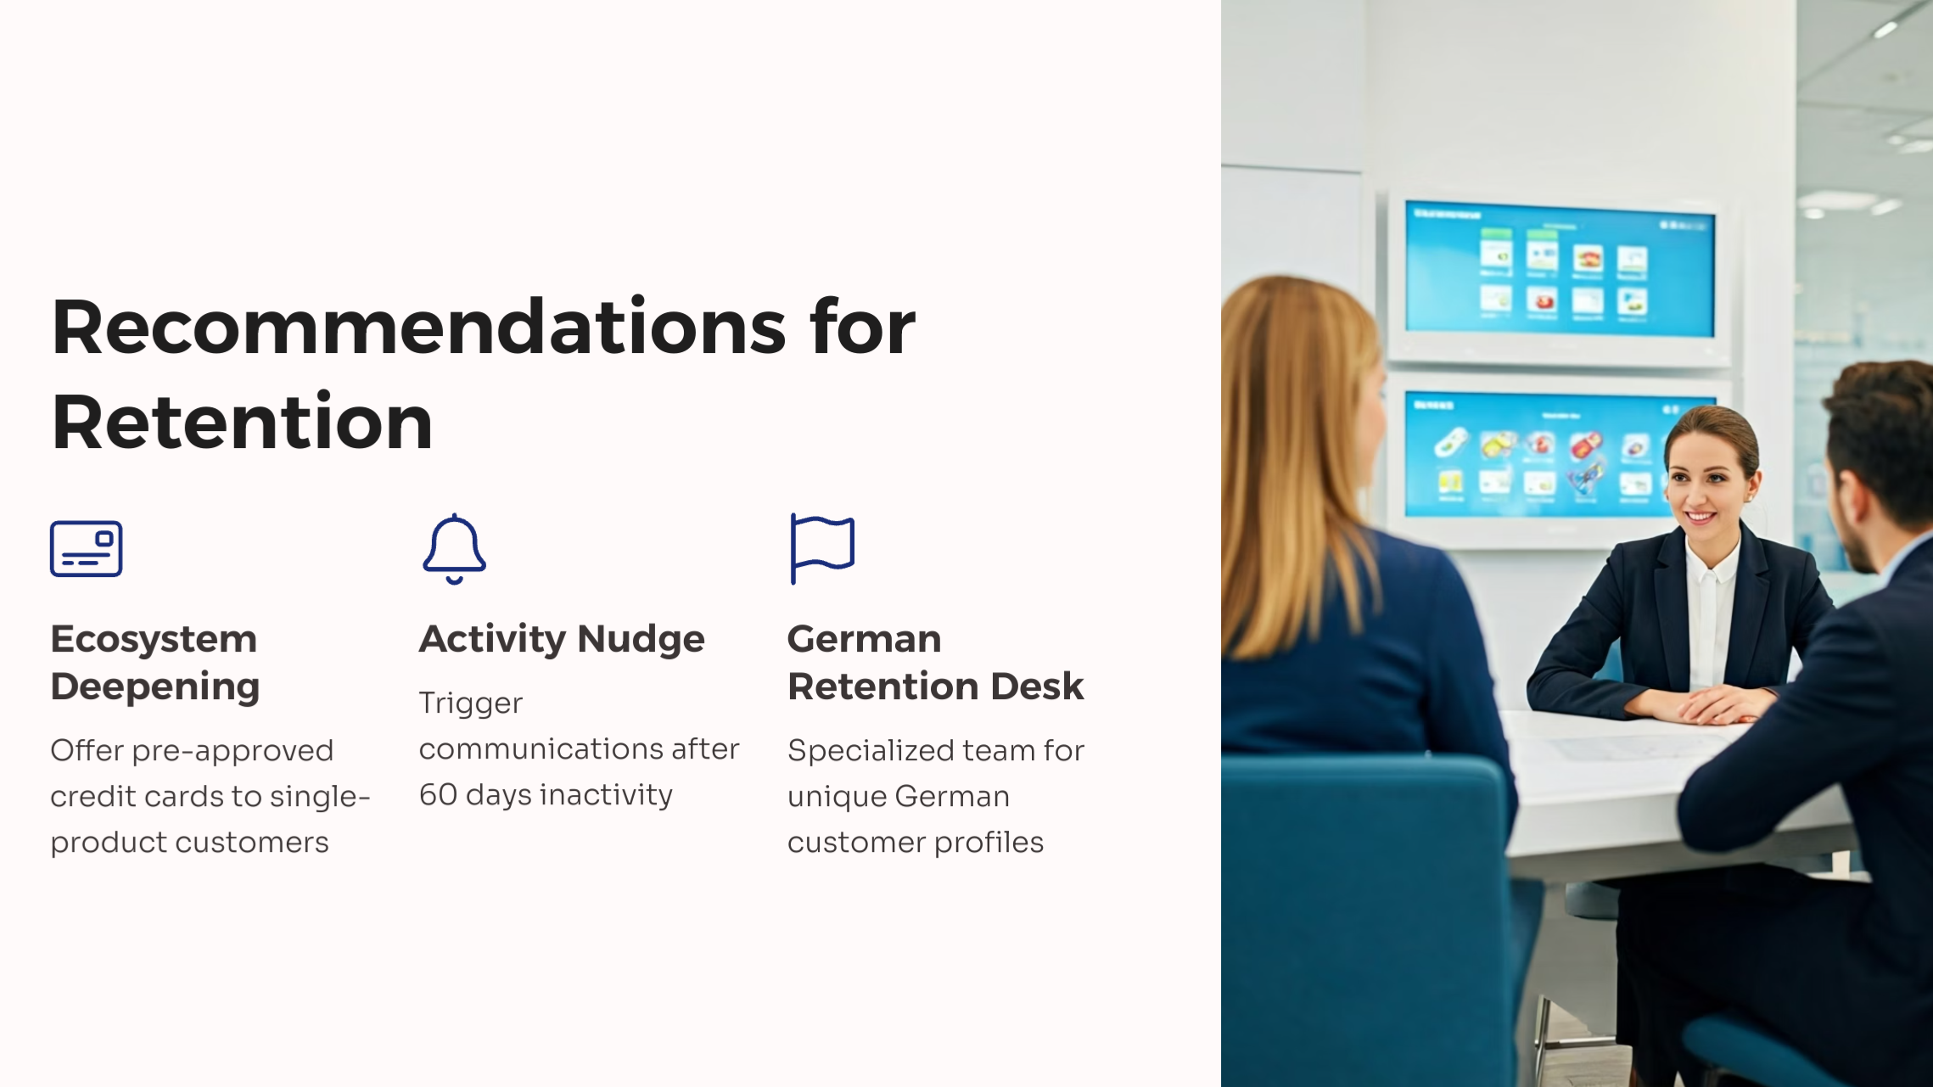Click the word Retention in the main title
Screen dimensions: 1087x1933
242,422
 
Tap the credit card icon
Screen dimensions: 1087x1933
86,549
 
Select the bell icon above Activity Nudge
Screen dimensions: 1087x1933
454,548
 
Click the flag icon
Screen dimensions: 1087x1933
821,547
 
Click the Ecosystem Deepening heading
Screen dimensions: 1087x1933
154,662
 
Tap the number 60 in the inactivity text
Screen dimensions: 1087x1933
438,795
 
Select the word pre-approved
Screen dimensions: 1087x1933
233,751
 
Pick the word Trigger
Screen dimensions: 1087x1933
470,703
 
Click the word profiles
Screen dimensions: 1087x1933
989,843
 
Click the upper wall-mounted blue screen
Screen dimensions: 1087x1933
1558,270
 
